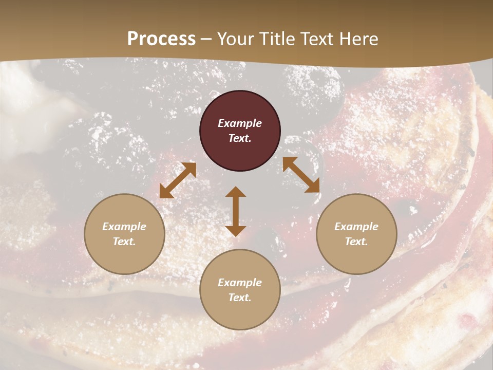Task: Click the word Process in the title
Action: [x=161, y=39]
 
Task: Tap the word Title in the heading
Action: [x=278, y=39]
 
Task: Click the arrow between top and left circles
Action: [x=178, y=180]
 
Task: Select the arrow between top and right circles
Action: [x=301, y=175]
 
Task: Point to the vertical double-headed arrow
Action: [x=236, y=211]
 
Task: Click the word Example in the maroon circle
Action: [x=240, y=123]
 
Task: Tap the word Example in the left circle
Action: [x=124, y=227]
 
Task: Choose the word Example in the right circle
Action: [x=356, y=227]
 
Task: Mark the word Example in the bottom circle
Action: [x=240, y=283]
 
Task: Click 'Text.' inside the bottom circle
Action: [x=240, y=298]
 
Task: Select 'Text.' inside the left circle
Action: [x=124, y=242]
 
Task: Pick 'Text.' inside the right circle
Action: [x=356, y=242]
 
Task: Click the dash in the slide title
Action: [x=206, y=39]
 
